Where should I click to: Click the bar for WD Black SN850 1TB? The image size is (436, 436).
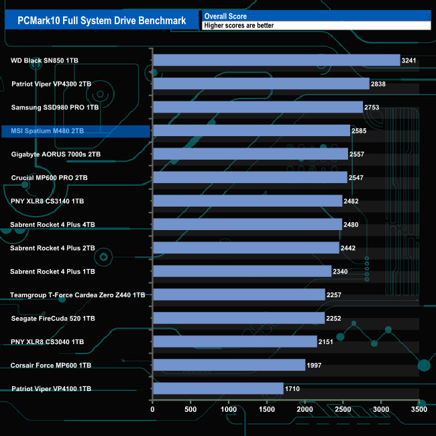(276, 60)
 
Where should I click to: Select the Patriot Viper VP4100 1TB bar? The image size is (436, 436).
(218, 388)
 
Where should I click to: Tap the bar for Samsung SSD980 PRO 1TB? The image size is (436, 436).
(258, 107)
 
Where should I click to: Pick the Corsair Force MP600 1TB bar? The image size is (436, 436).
(229, 365)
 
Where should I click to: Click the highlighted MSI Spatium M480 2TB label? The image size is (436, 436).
(48, 131)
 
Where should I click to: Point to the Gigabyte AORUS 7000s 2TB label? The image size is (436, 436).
(56, 154)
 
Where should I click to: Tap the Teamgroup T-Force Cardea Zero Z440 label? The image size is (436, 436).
(77, 294)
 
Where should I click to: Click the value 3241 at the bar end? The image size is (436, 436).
(409, 60)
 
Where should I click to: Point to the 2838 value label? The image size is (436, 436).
(379, 84)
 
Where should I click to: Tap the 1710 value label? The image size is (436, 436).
(292, 389)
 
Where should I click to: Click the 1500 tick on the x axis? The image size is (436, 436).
(267, 408)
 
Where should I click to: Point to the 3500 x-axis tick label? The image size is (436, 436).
(419, 408)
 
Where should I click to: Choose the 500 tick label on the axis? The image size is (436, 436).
(191, 408)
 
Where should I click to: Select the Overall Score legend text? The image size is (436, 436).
(225, 16)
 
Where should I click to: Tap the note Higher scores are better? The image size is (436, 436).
(239, 25)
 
